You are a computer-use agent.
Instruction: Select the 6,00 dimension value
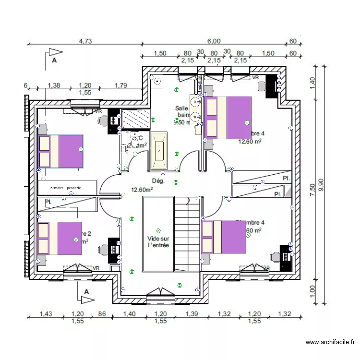click(x=214, y=41)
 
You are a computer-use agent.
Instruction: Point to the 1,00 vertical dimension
click(x=313, y=291)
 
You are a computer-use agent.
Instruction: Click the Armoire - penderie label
click(x=66, y=188)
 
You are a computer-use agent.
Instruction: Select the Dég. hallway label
click(x=158, y=181)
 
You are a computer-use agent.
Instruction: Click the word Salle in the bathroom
click(x=181, y=108)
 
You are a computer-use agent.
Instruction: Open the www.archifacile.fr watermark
click(x=330, y=342)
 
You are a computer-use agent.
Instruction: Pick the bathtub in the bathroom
click(x=160, y=151)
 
